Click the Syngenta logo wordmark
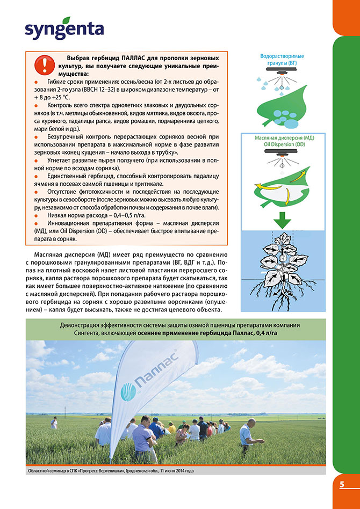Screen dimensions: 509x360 tap(64, 29)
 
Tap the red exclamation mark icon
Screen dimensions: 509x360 tap(41, 64)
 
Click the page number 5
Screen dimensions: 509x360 tap(342, 484)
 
